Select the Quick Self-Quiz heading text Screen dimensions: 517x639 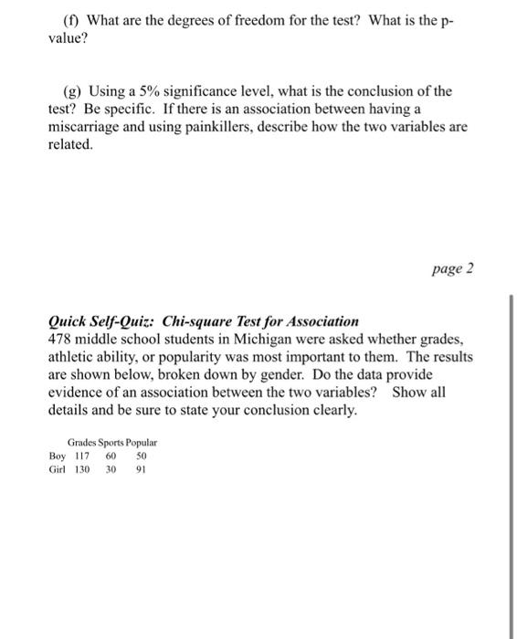(204, 321)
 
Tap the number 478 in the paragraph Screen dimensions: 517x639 (60, 338)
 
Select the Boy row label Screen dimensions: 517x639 (58, 455)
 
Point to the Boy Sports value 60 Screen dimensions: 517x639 (111, 455)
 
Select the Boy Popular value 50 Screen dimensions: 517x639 (140, 455)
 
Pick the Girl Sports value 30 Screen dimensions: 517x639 (111, 469)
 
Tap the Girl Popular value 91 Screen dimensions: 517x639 (140, 469)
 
